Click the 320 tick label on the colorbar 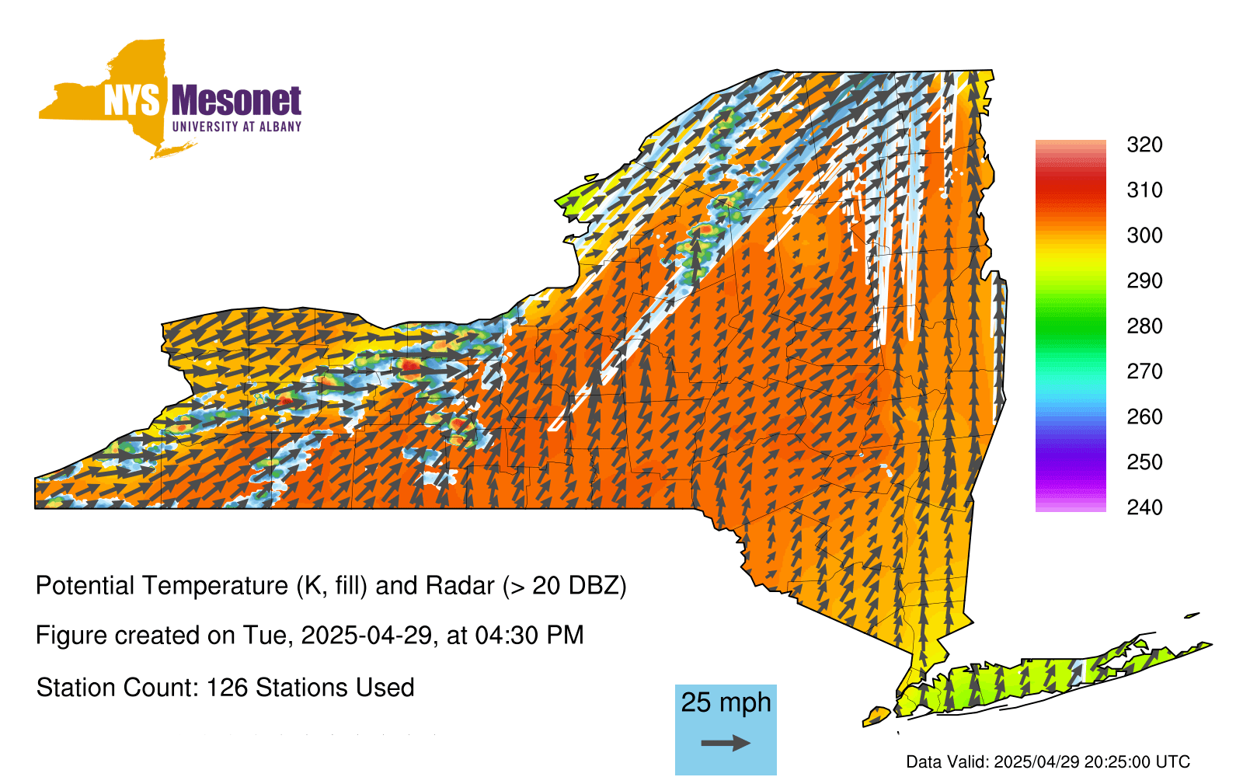1144,145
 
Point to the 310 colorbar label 1144,190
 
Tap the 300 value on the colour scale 1144,235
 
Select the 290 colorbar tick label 1144,280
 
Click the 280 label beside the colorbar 1144,326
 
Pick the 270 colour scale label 1144,371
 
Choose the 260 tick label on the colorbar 1144,416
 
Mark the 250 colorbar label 1144,462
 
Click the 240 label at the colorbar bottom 1144,507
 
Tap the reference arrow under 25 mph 726,743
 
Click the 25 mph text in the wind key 726,702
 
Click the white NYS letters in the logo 131,100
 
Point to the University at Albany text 237,127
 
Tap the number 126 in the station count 224,688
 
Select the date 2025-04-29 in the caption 366,636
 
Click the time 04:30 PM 529,636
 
